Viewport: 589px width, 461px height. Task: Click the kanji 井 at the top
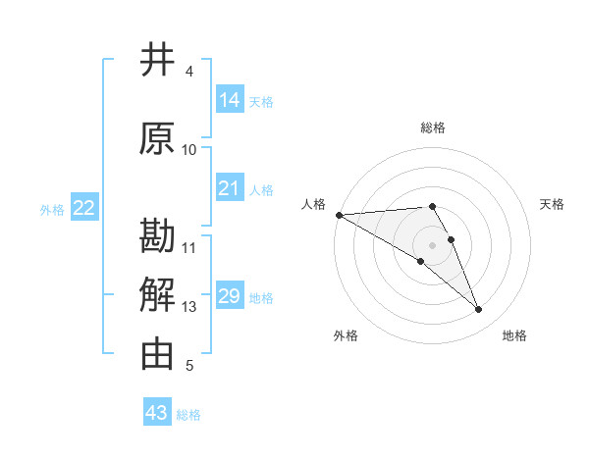[158, 60]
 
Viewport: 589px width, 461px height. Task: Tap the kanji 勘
[158, 238]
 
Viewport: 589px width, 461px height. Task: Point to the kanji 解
[158, 295]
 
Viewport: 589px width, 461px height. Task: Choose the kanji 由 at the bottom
[158, 354]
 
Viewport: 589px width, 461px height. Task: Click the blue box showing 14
[230, 100]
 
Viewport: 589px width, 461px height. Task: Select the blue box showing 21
[230, 188]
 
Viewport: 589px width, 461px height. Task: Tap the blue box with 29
[230, 296]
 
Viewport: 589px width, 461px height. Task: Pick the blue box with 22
[84, 208]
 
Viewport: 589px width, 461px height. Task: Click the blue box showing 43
[157, 413]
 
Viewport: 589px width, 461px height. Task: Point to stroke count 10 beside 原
[189, 150]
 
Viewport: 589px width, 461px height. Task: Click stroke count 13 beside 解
[189, 307]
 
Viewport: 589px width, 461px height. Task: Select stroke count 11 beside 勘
[189, 248]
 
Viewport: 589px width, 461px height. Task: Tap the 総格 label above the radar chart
[433, 128]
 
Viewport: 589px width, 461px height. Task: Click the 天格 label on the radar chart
[552, 204]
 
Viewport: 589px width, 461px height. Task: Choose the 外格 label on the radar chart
[346, 335]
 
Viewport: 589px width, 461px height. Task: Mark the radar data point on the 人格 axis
[339, 215]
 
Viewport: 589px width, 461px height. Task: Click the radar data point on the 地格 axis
[479, 310]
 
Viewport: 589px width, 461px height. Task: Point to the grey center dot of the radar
[433, 244]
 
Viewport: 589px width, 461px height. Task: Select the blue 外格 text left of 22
[52, 209]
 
